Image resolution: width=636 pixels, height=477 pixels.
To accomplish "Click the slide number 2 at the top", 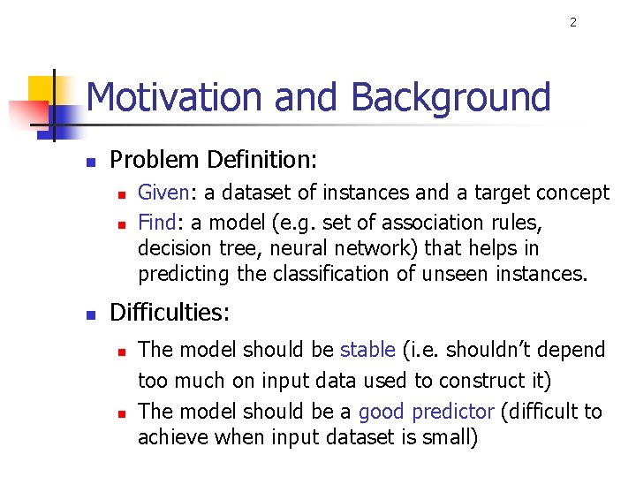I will pos(572,22).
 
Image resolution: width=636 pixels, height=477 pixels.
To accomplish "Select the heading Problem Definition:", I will pos(213,160).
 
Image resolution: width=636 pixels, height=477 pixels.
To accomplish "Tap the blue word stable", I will pos(367,350).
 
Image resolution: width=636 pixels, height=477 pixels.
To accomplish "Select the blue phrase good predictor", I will pos(426,412).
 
